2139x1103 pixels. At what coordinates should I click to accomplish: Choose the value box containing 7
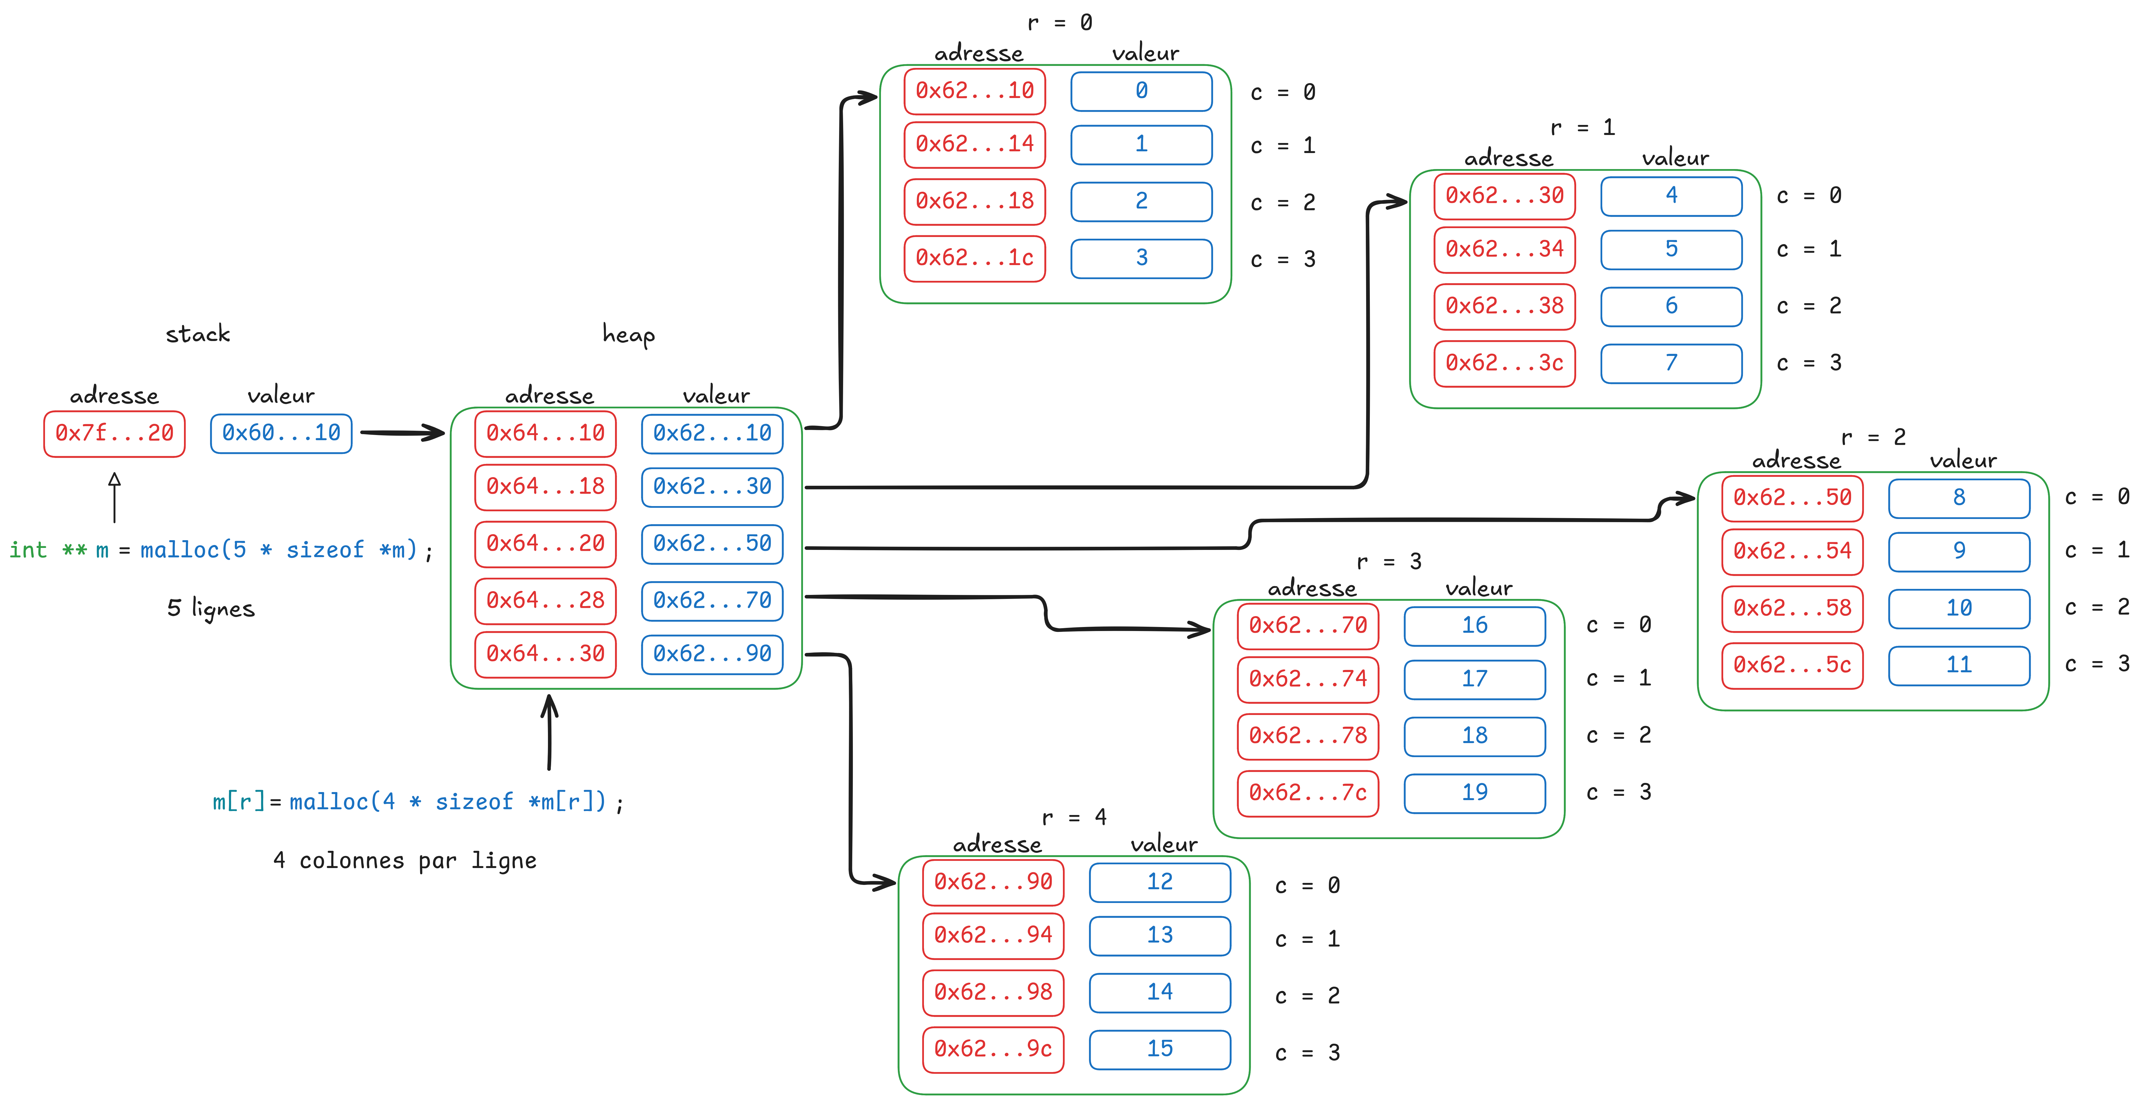coord(1672,363)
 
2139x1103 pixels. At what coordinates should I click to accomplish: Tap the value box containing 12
coord(1160,882)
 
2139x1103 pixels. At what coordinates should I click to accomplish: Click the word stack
coord(198,334)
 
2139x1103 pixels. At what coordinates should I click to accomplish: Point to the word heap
coord(628,335)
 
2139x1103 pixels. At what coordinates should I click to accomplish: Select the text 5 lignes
coord(211,609)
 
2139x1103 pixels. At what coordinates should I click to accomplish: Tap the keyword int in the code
coord(28,550)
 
